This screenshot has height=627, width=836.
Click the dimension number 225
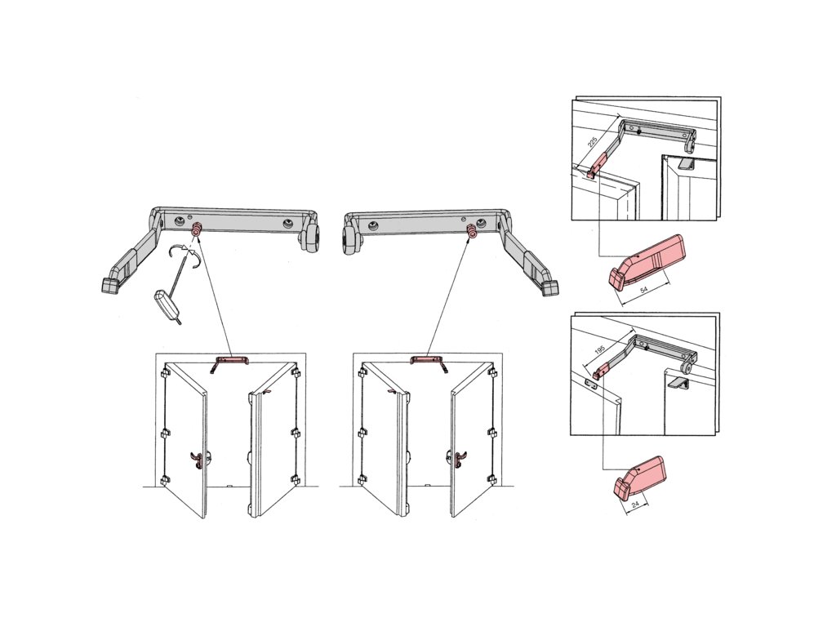(592, 140)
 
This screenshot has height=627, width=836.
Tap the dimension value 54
(644, 289)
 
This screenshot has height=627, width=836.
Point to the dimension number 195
(599, 350)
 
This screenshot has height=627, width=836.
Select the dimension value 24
(635, 503)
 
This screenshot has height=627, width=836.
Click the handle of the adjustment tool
(164, 304)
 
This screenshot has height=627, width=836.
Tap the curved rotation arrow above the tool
(184, 256)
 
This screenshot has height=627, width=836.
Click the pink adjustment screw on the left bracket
(196, 229)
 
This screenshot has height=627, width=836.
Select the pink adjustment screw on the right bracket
(472, 231)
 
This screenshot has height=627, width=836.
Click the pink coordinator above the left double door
(232, 361)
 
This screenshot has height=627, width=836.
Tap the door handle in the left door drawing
(198, 460)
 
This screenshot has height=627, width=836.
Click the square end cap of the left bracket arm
(109, 285)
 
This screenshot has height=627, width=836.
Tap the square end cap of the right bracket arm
(551, 288)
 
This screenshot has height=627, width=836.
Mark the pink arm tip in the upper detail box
(598, 165)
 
